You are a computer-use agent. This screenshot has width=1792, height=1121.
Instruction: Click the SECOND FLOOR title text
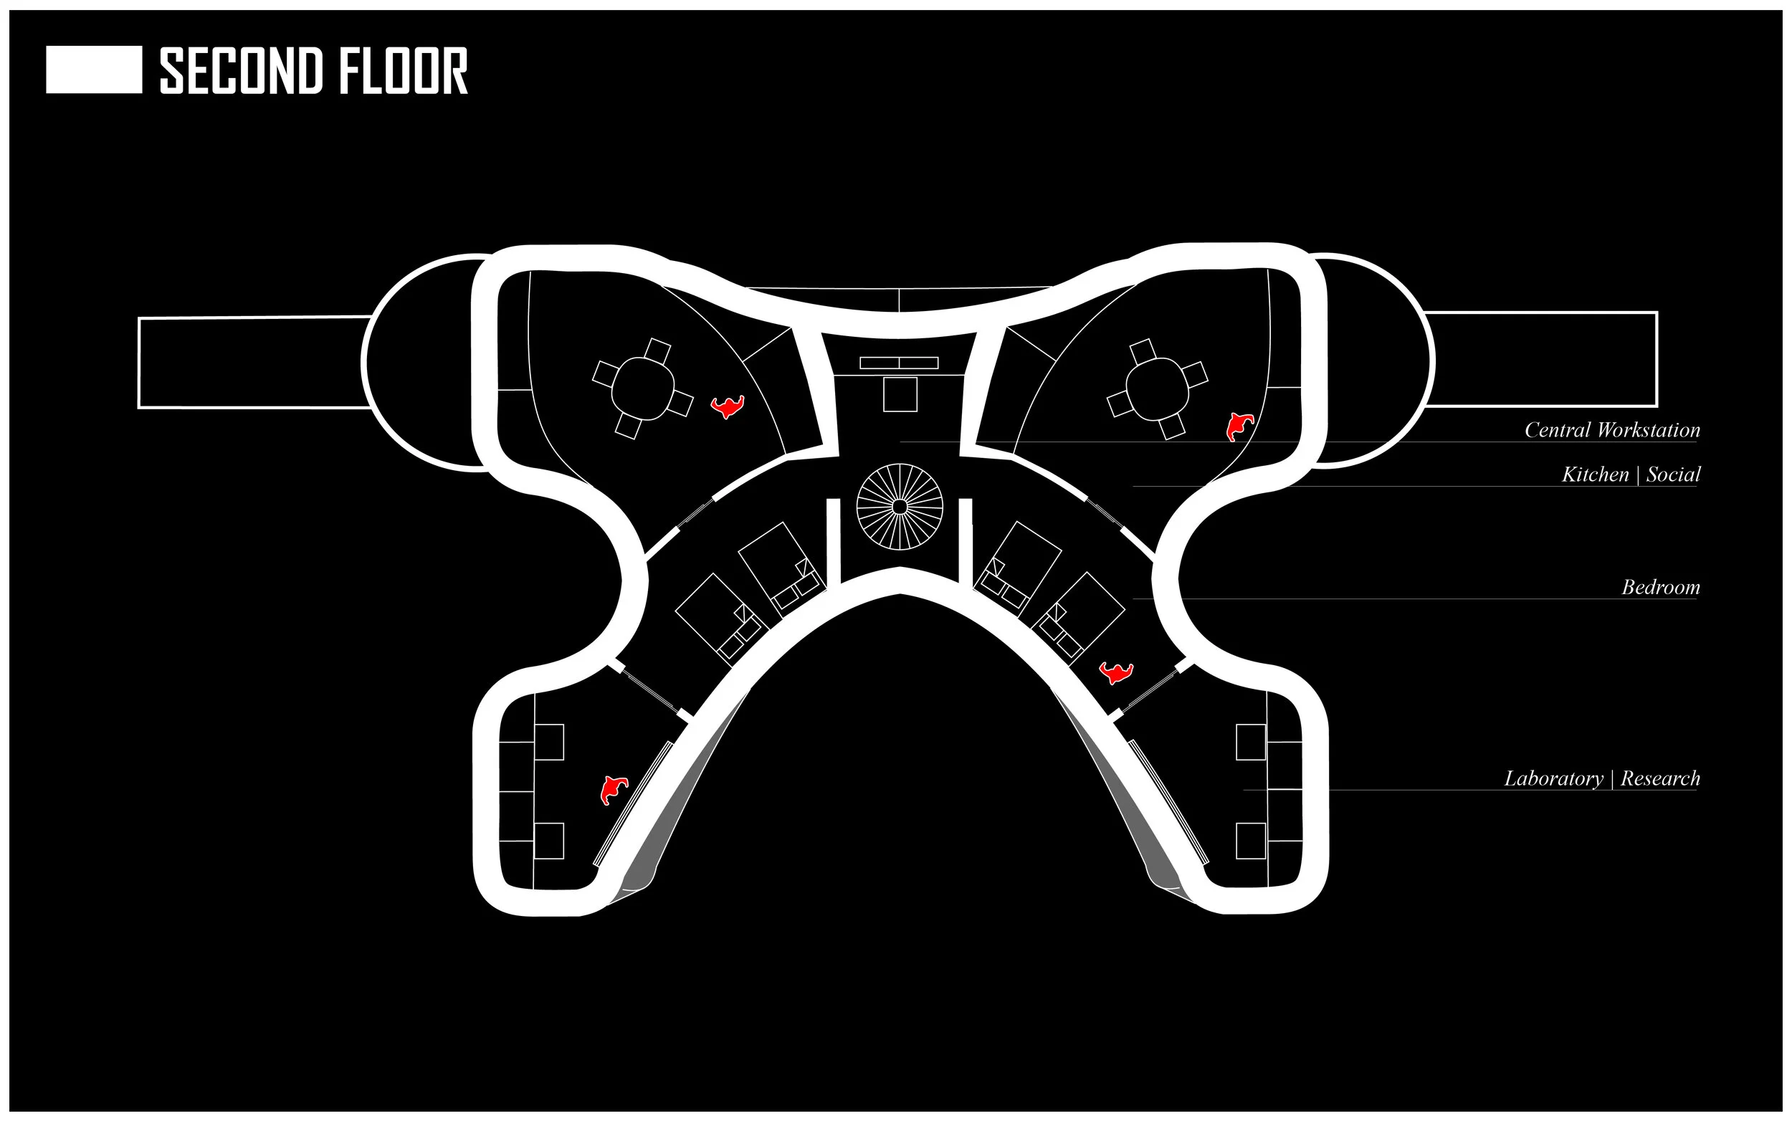point(314,71)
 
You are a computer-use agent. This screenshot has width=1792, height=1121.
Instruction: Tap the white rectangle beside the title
point(94,70)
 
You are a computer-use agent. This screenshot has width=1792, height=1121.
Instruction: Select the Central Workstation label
point(1611,430)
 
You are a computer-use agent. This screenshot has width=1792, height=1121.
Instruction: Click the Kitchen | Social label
point(1631,474)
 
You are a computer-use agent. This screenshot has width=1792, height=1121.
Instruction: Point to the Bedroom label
point(1660,587)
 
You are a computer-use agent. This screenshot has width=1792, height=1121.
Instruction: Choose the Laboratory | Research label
point(1601,778)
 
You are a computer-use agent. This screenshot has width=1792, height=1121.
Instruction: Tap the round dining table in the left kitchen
point(643,388)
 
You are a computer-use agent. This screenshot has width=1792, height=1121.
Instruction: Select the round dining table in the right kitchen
point(1158,388)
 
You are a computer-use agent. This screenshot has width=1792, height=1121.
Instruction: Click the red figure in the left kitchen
point(728,406)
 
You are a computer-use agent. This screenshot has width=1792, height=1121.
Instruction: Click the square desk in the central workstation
point(900,394)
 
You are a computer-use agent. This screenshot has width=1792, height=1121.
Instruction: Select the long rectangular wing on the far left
point(252,363)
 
